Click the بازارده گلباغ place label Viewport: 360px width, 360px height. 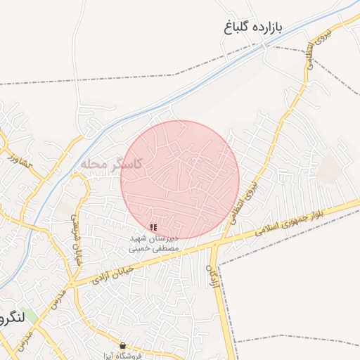pyautogui.click(x=250, y=27)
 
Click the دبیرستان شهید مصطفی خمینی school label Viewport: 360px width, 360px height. pyautogui.click(x=154, y=243)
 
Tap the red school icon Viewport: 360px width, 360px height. pyautogui.click(x=154, y=228)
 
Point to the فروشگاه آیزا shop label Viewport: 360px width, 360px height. pyautogui.click(x=124, y=356)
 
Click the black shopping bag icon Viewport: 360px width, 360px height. pyautogui.click(x=124, y=346)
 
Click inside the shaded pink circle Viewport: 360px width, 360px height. pyautogui.click(x=180, y=179)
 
